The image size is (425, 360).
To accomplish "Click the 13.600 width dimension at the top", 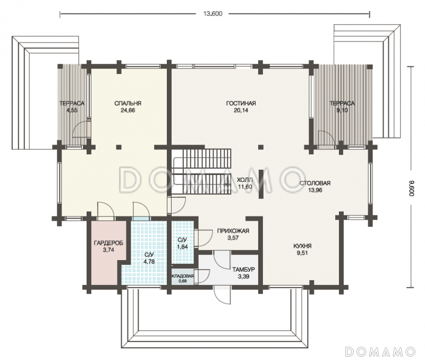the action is pyautogui.click(x=213, y=14).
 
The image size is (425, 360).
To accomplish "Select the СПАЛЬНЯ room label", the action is pyautogui.click(x=127, y=103).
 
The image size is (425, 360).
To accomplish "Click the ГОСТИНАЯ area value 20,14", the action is pyautogui.click(x=241, y=111).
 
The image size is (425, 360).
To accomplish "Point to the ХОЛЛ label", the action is pyautogui.click(x=245, y=180).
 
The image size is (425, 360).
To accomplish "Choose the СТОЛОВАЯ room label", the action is pyautogui.click(x=315, y=183).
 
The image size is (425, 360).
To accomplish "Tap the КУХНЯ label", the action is pyautogui.click(x=302, y=246).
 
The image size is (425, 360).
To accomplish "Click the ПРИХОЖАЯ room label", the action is pyautogui.click(x=233, y=231).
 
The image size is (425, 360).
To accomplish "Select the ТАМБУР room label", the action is pyautogui.click(x=243, y=270).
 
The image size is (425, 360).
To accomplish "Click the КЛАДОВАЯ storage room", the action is pyautogui.click(x=183, y=277).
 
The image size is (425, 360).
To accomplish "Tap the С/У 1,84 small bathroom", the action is pyautogui.click(x=183, y=242).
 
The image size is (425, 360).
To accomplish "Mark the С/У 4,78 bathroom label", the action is pyautogui.click(x=149, y=258).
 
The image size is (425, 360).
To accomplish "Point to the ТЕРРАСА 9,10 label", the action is pyautogui.click(x=342, y=106).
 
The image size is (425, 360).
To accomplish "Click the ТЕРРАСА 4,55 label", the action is pyautogui.click(x=72, y=106).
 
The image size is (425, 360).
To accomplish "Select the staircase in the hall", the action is pyautogui.click(x=201, y=171).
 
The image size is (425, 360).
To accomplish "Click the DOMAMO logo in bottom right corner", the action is pyautogui.click(x=380, y=351).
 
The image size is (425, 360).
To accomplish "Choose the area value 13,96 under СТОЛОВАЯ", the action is pyautogui.click(x=315, y=190).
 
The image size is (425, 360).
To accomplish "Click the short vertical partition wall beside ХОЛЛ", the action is pyautogui.click(x=261, y=184).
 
